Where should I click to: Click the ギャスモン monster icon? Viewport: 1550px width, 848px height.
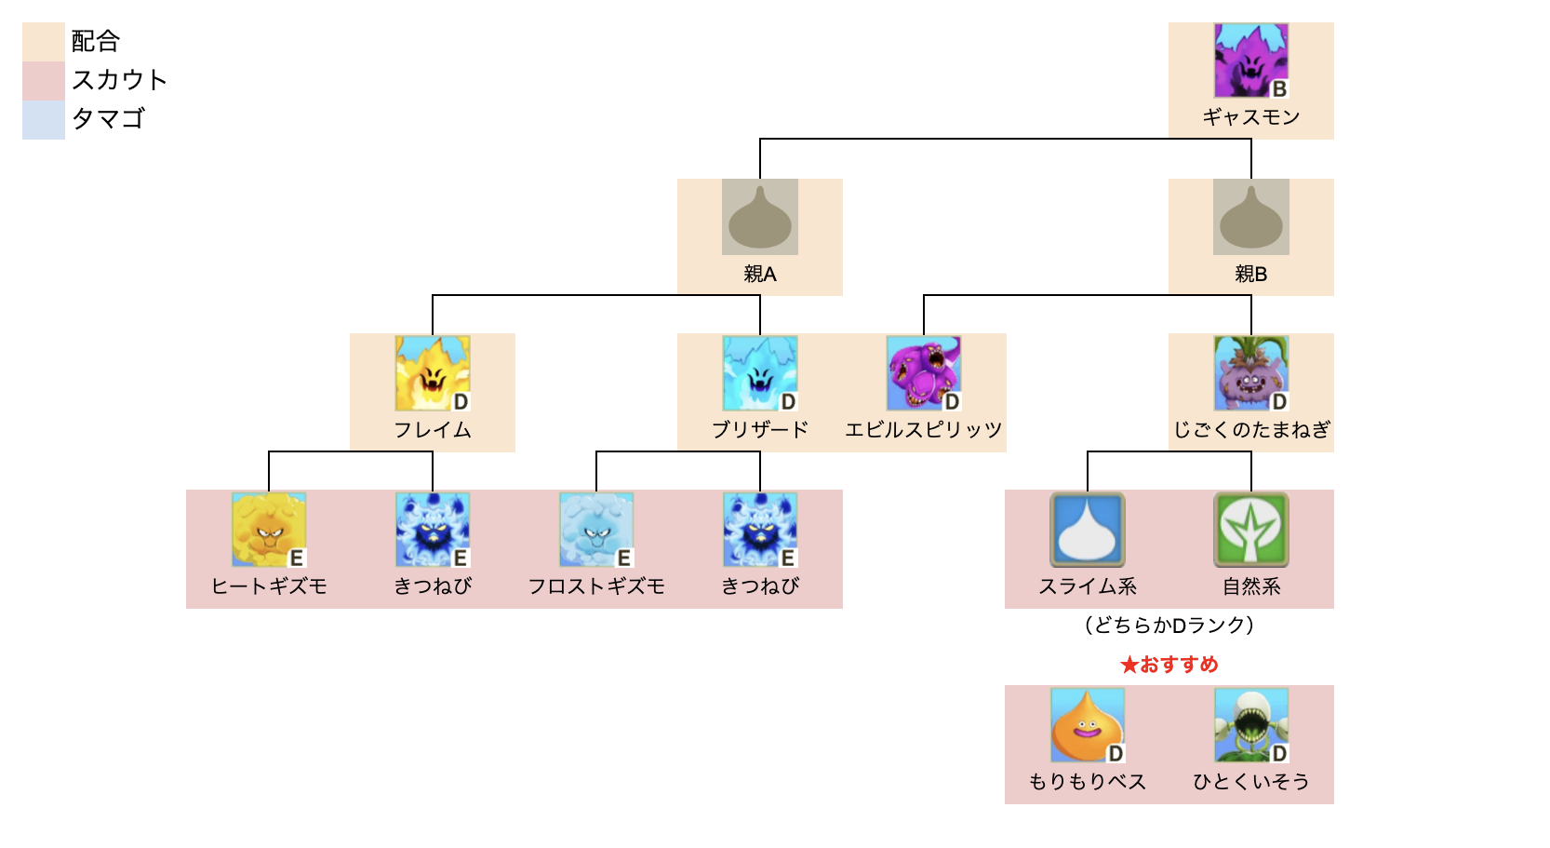[x=1250, y=61]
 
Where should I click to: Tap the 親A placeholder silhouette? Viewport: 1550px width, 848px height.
[x=759, y=217]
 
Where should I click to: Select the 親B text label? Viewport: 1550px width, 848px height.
[x=1250, y=274]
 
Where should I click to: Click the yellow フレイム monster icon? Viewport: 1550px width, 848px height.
[x=432, y=373]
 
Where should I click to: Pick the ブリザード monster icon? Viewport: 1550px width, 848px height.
[x=759, y=373]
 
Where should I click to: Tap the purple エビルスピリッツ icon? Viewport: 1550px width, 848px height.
[x=923, y=373]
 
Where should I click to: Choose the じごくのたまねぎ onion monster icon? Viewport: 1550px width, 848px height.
[x=1250, y=373]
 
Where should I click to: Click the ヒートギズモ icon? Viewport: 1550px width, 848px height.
[x=268, y=530]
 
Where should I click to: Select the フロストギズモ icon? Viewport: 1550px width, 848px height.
[x=595, y=530]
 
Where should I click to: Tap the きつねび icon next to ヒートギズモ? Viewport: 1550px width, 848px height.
[x=432, y=530]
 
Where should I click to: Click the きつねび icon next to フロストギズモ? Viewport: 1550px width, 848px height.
[x=759, y=530]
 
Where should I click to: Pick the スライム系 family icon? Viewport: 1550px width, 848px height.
[x=1087, y=530]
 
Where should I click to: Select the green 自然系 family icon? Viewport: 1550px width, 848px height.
[x=1250, y=530]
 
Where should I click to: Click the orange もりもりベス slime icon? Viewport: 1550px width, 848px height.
[x=1087, y=725]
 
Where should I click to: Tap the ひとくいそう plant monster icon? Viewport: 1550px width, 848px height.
[x=1250, y=725]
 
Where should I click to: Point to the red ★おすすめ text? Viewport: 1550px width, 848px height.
[x=1169, y=665]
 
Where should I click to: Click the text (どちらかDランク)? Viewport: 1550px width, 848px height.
[x=1169, y=626]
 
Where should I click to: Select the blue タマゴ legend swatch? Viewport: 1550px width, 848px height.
[x=43, y=120]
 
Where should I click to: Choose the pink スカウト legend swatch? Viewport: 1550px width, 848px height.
[x=43, y=81]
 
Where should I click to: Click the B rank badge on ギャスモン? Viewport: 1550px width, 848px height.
[x=1279, y=89]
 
